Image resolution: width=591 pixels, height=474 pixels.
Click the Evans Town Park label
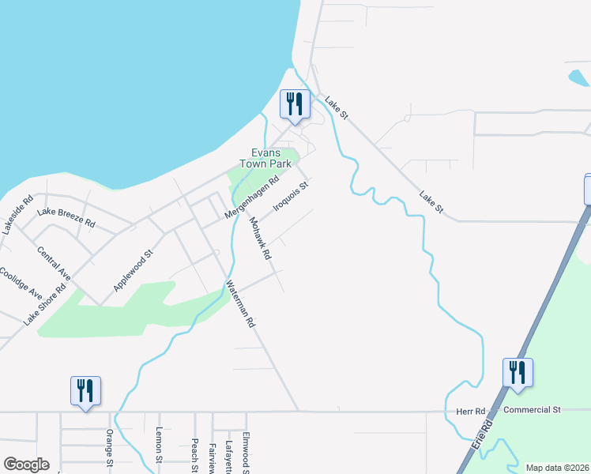tap(271, 158)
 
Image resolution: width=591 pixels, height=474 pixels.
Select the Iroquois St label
tap(289, 194)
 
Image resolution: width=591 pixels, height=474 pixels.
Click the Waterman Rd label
tap(241, 304)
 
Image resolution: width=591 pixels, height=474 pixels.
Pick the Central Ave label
tap(54, 264)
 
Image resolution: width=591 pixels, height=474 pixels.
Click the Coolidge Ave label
tap(21, 282)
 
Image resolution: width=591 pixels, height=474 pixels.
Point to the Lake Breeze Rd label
tap(66, 217)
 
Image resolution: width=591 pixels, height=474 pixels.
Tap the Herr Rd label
tap(469, 412)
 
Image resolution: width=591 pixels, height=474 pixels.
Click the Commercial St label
tap(532, 410)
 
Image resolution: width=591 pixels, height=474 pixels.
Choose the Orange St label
tap(110, 447)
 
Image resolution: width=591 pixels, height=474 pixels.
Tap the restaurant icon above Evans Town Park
tap(295, 105)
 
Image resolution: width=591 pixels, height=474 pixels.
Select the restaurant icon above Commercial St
tap(518, 374)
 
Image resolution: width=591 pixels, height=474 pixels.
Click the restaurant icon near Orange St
tap(85, 391)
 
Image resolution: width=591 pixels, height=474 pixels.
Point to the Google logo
tap(26, 465)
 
